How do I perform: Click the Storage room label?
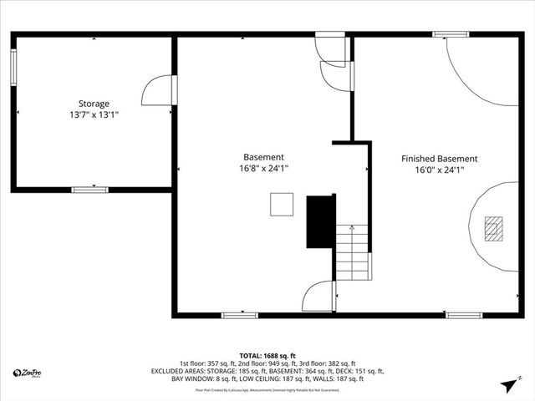click(94, 104)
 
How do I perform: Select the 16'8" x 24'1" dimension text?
click(263, 168)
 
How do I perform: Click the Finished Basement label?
click(439, 159)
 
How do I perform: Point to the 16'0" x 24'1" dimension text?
click(439, 170)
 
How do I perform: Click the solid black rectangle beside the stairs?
click(320, 221)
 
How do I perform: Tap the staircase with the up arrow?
click(353, 252)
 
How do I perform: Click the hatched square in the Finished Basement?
click(494, 227)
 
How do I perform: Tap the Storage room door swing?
click(159, 90)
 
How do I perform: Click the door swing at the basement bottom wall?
click(319, 297)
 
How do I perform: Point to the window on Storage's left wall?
click(13, 66)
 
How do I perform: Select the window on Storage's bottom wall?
click(89, 190)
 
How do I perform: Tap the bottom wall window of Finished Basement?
click(463, 315)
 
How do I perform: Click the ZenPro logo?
click(28, 373)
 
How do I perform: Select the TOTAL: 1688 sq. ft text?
click(267, 355)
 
